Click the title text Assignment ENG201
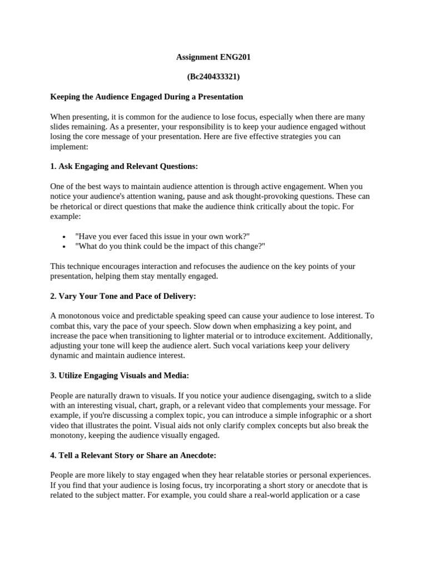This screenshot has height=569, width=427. [x=210, y=57]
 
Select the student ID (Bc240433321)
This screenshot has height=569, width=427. [x=210, y=77]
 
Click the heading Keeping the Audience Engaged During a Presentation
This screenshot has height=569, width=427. [x=147, y=97]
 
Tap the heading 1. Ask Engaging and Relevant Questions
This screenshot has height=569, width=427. [x=124, y=166]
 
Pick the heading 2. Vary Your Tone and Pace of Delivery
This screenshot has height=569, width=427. [x=123, y=296]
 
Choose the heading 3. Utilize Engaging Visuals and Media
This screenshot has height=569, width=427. [x=120, y=376]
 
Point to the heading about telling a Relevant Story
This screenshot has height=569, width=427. [x=133, y=455]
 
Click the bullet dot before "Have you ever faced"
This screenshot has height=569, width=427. [x=64, y=237]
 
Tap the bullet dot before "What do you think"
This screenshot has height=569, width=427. [x=64, y=247]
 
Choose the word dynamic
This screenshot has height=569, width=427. [x=66, y=356]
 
